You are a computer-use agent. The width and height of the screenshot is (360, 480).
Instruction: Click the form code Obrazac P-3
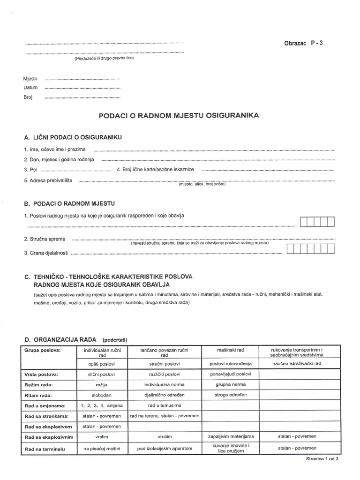click(303, 43)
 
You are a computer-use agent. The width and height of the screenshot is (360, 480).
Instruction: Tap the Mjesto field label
click(30, 79)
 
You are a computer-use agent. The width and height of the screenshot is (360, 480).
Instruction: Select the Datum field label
click(30, 88)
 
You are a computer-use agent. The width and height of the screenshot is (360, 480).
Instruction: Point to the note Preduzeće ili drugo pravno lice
click(104, 58)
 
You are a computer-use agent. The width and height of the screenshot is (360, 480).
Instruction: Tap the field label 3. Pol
click(30, 169)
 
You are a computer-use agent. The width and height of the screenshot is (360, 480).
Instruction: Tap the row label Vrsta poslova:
click(41, 375)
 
